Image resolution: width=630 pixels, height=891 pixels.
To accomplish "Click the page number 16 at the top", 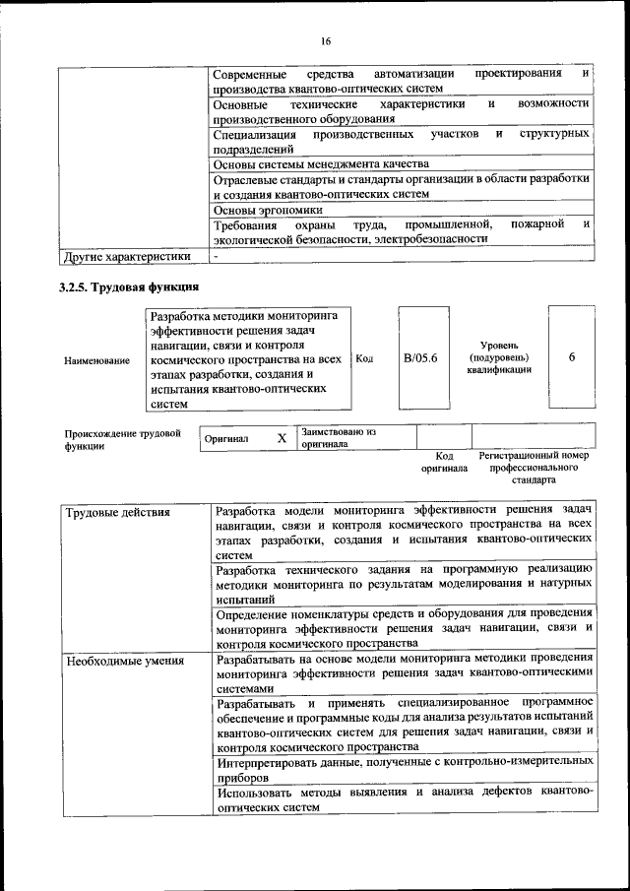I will coord(325,40).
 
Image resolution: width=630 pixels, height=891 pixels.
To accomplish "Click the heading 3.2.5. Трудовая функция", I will coord(130,287).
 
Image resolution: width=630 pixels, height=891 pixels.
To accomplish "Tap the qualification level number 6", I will coord(572,357).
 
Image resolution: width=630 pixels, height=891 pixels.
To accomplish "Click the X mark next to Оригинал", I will coord(281,438).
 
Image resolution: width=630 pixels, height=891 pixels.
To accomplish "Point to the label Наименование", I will coord(97,361).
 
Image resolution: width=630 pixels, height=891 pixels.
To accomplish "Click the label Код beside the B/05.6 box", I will coord(364,359).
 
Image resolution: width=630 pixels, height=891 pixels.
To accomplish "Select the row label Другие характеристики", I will coord(126,258).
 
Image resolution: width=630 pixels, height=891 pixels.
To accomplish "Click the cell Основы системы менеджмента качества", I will coord(322,163).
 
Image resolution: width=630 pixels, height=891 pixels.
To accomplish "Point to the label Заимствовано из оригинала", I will coord(339,438).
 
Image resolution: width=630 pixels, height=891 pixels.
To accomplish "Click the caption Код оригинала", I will coord(444,463).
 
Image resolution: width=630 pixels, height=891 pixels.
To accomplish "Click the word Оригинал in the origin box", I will coord(226,439).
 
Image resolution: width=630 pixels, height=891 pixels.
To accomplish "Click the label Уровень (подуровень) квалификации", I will coord(500,356).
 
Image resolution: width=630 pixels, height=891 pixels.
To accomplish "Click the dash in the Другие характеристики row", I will coord(216,257).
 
